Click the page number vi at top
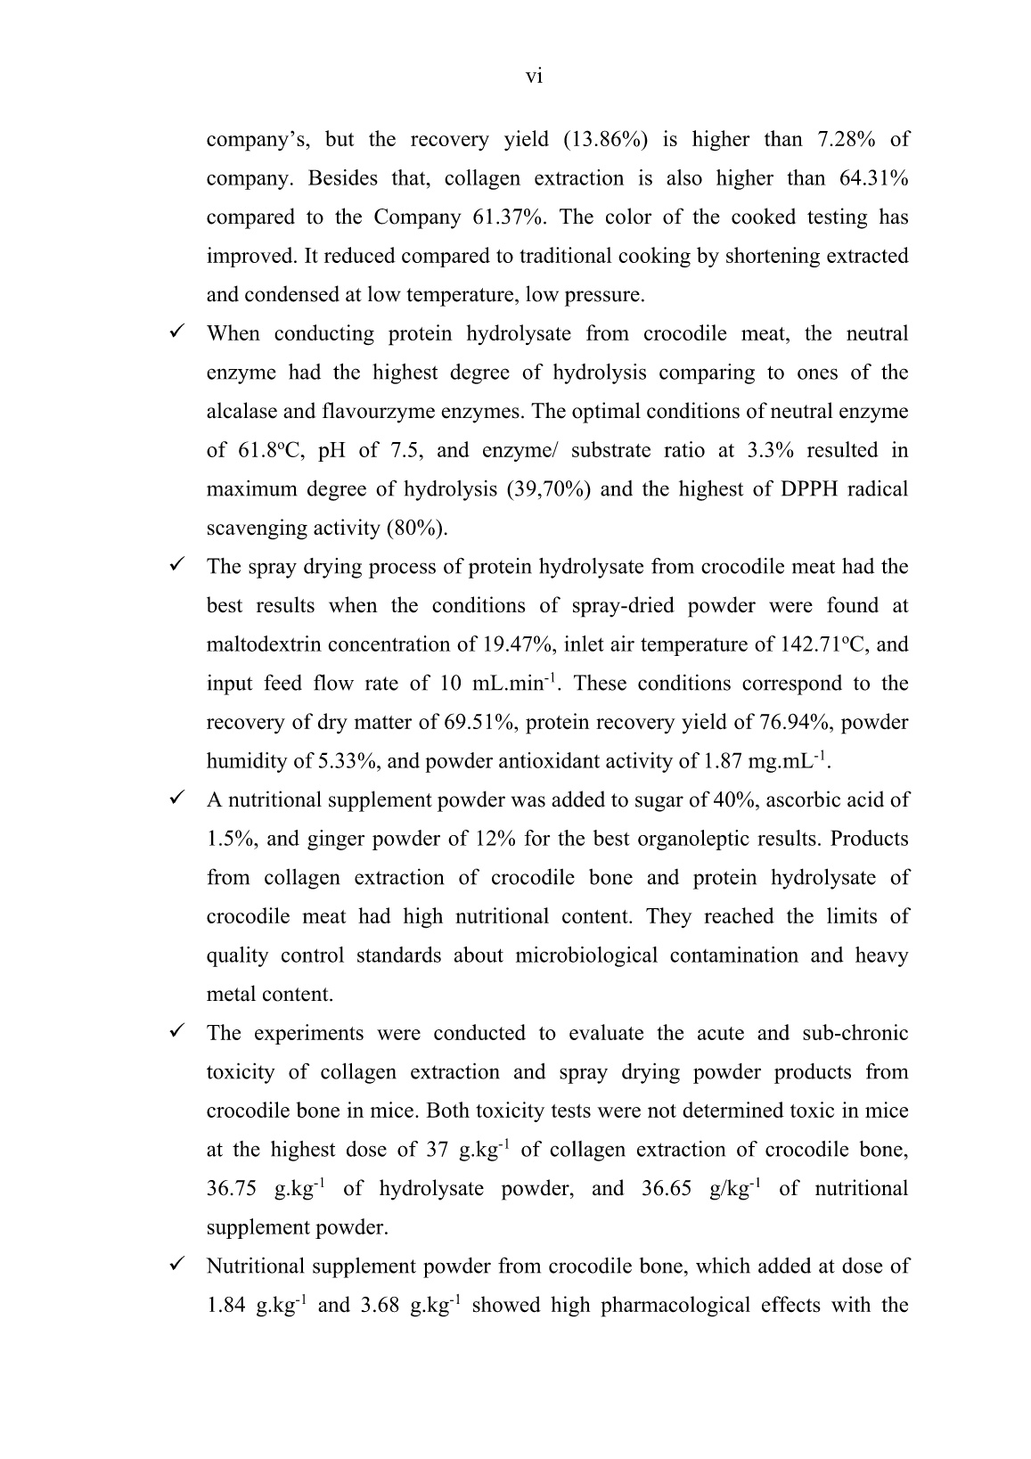(x=534, y=77)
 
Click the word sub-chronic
(x=855, y=1034)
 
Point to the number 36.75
(x=231, y=1190)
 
